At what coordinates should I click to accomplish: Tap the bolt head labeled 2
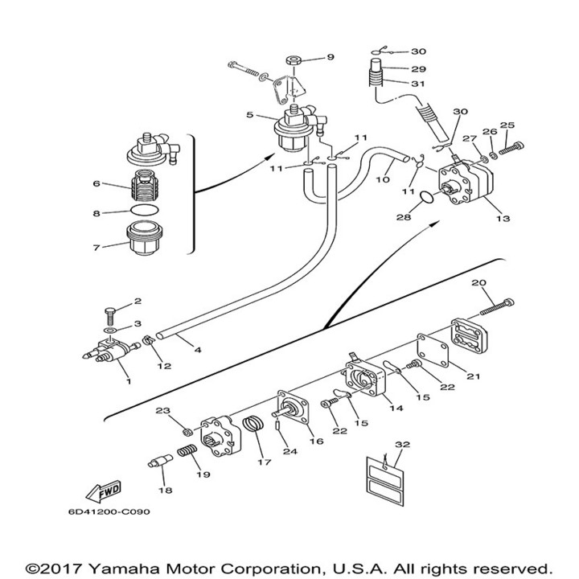111,311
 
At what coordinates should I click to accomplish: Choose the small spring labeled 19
185,454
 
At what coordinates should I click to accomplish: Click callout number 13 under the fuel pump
503,219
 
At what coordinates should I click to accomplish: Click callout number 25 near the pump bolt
507,125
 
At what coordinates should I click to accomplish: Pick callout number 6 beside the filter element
96,183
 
